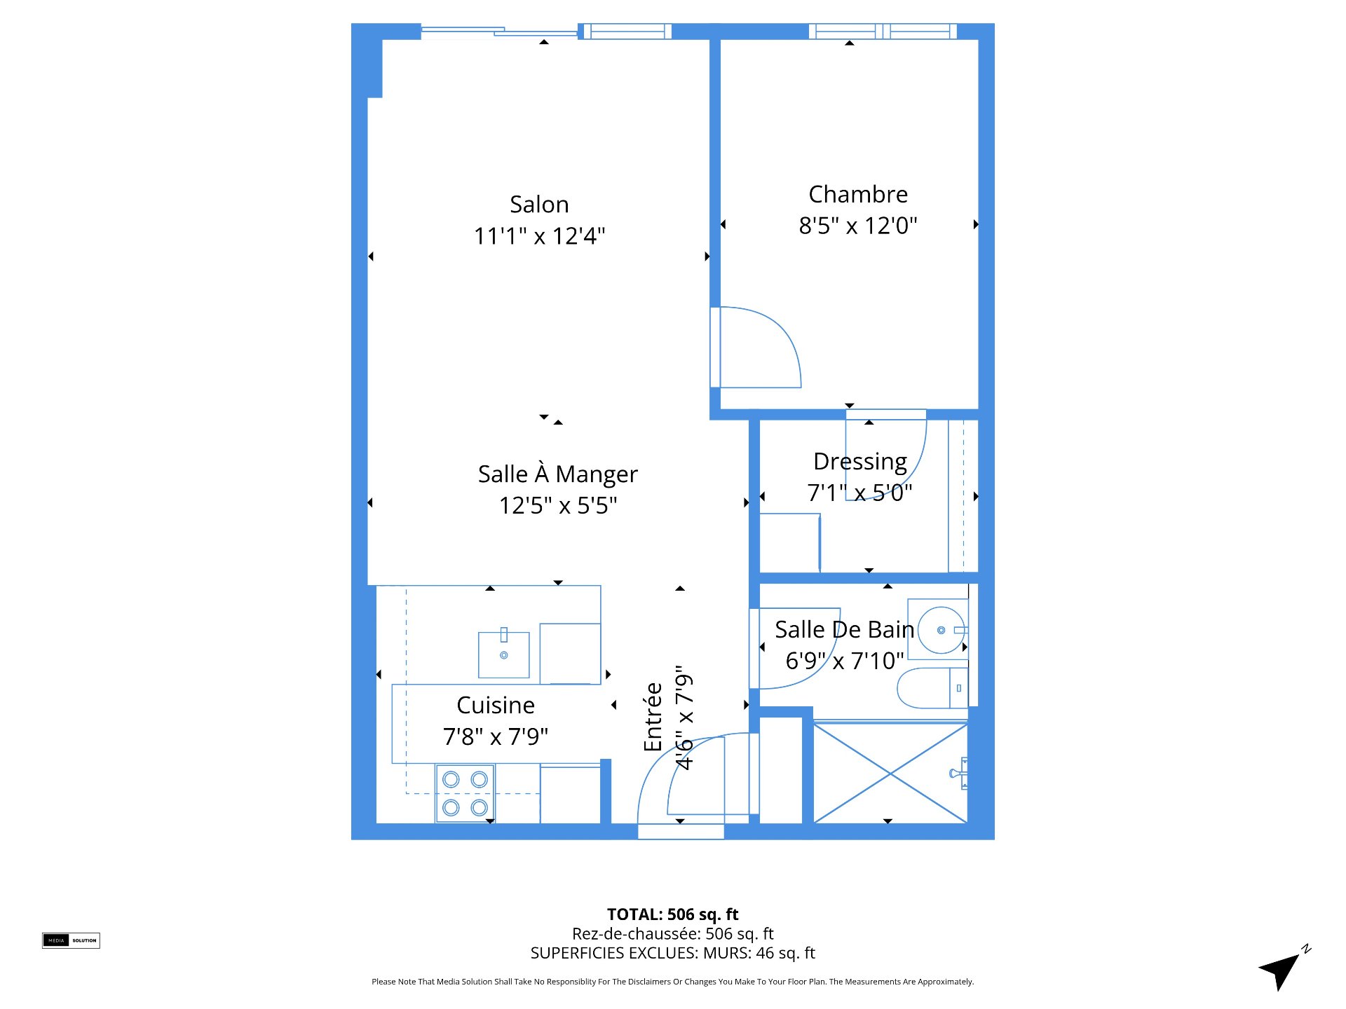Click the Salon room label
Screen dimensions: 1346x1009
[539, 205]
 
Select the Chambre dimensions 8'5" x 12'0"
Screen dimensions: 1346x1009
[858, 226]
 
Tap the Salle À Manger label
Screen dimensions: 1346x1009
[558, 474]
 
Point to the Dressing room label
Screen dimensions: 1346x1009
[860, 462]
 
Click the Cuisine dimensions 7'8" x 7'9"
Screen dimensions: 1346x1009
[496, 736]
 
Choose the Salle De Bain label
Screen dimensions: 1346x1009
[845, 629]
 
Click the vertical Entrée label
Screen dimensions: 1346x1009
[653, 717]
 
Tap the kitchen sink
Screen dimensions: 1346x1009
[503, 654]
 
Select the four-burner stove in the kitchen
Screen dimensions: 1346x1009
[465, 793]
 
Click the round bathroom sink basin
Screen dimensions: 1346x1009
[941, 631]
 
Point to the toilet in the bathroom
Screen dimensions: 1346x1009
[932, 688]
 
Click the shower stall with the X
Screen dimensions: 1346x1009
[890, 773]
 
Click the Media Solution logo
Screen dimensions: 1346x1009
[71, 940]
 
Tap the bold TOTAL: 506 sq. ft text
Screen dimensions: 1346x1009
[673, 914]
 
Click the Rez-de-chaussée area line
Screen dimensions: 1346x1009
[673, 934]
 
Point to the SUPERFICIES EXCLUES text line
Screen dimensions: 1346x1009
[673, 953]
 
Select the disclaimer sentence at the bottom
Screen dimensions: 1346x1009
[673, 982]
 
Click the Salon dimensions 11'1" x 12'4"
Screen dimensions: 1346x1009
[540, 236]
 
